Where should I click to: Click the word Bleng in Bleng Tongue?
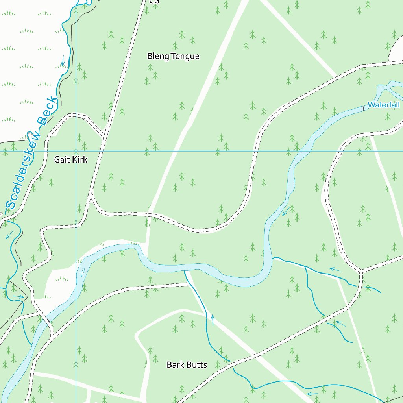158,56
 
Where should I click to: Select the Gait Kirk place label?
71,159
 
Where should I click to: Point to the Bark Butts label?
187,364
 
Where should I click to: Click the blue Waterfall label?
384,105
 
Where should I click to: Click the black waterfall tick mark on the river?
363,107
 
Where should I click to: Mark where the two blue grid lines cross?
76,151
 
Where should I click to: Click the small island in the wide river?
83,272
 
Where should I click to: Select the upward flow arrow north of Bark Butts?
213,319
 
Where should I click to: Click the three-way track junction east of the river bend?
360,272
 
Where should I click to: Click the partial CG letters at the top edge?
154,2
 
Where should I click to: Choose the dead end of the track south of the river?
187,283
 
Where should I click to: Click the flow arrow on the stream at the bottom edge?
312,393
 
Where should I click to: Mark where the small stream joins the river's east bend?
273,258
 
